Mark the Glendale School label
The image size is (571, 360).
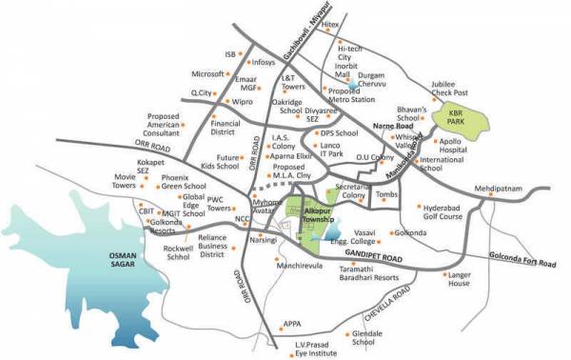[x=367, y=340]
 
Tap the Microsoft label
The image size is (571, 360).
[x=208, y=73]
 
